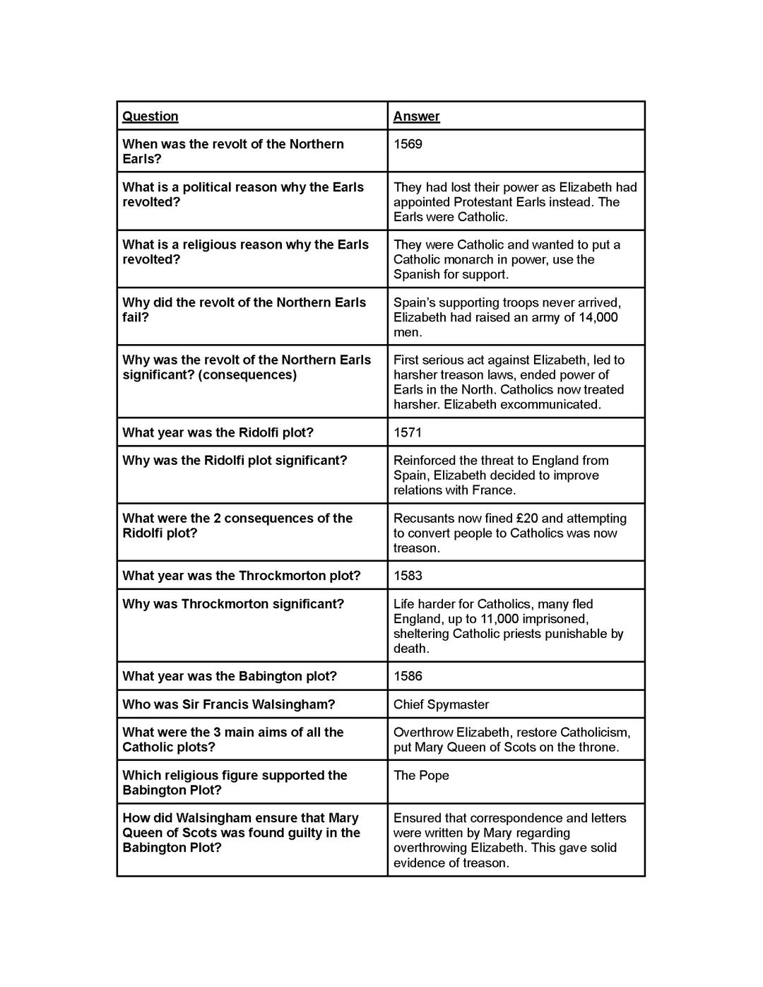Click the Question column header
(x=150, y=116)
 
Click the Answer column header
(x=416, y=116)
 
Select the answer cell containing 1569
(x=408, y=144)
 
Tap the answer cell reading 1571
(x=408, y=432)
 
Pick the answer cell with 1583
(x=408, y=575)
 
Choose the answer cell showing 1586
(x=408, y=676)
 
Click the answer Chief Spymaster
(x=441, y=704)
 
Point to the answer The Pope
(x=421, y=775)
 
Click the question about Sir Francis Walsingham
(x=228, y=704)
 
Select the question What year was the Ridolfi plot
(x=218, y=432)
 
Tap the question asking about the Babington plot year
(x=230, y=676)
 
